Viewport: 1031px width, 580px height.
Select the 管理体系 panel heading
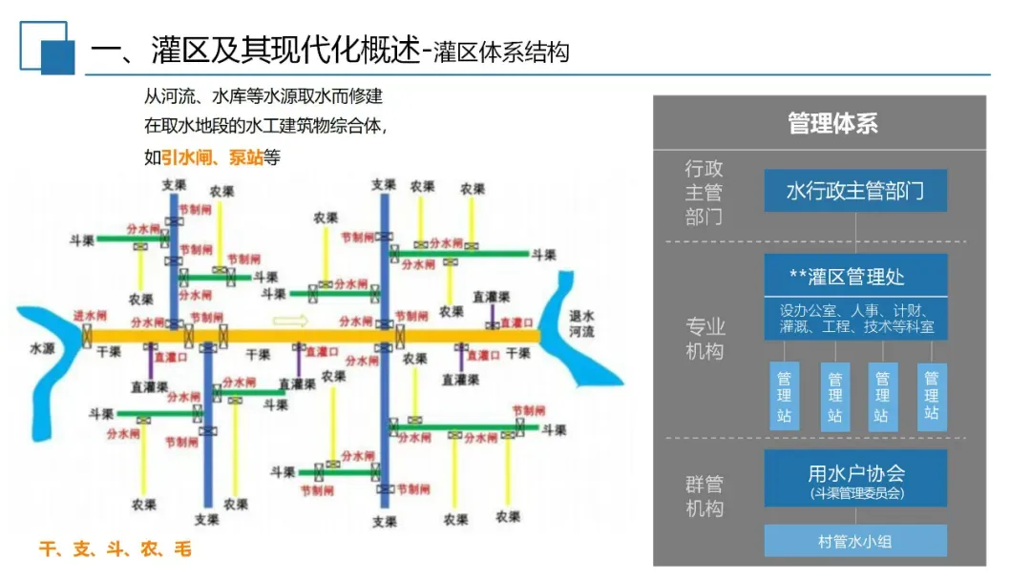[x=832, y=123]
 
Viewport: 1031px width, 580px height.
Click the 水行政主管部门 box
[x=855, y=191]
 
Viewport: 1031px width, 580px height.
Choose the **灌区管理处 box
[x=855, y=277]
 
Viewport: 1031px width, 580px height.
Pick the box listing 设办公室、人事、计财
[x=855, y=319]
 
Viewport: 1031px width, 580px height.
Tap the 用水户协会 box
[x=855, y=479]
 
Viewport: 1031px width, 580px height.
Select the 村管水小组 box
[x=855, y=541]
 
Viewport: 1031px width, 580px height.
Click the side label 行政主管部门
[x=704, y=193]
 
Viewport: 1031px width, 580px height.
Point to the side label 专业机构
[x=704, y=339]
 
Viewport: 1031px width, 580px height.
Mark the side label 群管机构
[x=704, y=496]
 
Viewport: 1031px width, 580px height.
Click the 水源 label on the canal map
[x=43, y=349]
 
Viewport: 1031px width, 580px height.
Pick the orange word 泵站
[x=246, y=158]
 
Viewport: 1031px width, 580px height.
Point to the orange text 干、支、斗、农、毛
[x=115, y=549]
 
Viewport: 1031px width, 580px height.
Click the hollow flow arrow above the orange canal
[x=291, y=321]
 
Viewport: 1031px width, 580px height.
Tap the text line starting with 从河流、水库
[x=263, y=97]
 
